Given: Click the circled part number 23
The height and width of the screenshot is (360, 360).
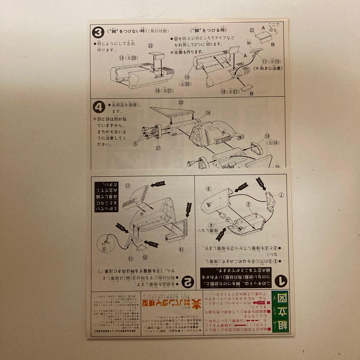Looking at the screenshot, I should (x=181, y=103).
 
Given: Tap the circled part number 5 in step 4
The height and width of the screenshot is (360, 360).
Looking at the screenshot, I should (x=135, y=144).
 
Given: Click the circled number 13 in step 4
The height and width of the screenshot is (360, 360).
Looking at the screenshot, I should (x=267, y=136).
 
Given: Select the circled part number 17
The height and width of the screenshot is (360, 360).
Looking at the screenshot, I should (x=127, y=185).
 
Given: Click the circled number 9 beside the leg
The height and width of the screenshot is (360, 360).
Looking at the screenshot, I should (x=104, y=248).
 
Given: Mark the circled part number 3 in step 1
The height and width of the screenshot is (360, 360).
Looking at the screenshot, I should (x=208, y=189).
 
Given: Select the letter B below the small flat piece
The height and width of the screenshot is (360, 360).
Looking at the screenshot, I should (x=251, y=94).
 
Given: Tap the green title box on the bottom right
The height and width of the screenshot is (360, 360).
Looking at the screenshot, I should (x=280, y=312).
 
